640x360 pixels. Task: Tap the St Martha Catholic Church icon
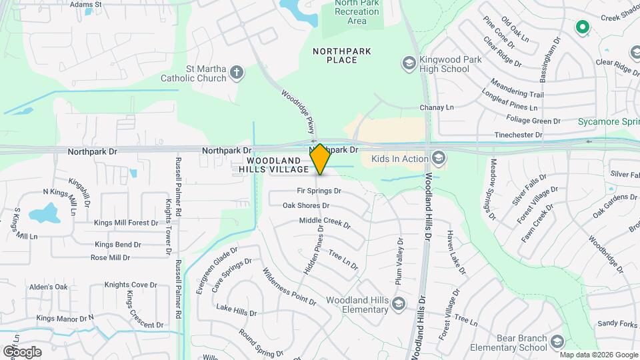237,73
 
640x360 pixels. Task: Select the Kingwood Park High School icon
409,64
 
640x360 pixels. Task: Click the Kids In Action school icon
438,159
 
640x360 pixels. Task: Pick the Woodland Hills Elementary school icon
398,305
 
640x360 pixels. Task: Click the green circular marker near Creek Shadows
583,27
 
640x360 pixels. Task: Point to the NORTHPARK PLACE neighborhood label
342,55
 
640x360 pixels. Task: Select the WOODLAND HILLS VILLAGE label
278,165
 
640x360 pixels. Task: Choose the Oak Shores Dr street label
306,205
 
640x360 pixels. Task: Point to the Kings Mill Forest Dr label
125,223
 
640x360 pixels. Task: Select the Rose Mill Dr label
110,257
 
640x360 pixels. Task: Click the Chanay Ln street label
436,107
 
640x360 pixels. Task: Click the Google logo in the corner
22,351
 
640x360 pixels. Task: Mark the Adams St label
85,4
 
